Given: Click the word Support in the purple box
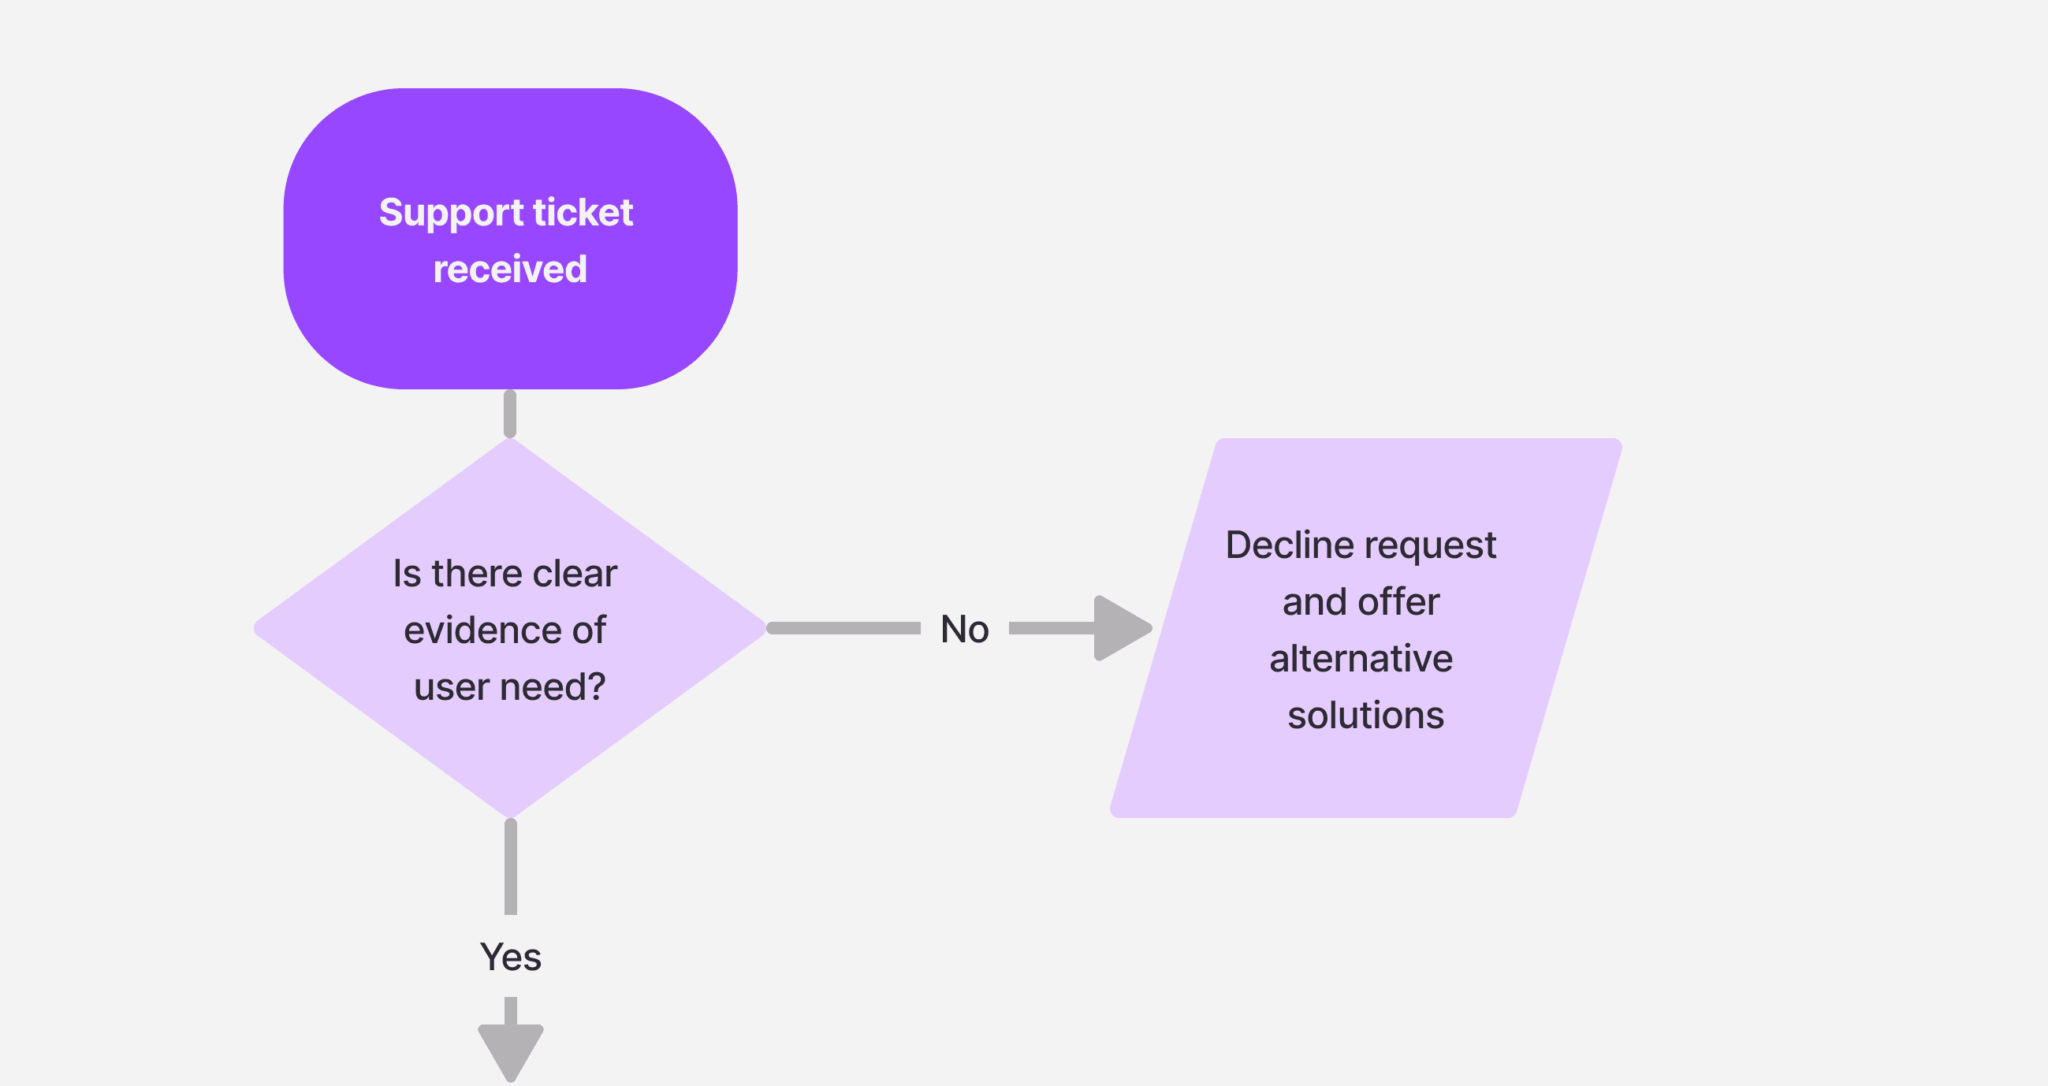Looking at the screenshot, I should pos(451,213).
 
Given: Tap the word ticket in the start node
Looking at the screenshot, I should pos(583,212).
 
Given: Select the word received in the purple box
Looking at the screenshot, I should pos(509,269).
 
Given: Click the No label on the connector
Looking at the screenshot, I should pos(964,629).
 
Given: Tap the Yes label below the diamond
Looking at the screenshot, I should pos(510,957).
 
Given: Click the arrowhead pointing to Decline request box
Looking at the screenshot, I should pos(1120,628).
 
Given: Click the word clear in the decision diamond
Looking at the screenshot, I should pos(574,573).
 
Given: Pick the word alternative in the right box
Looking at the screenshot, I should pos(1361,659).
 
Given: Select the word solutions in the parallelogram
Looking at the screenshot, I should pos(1365,716).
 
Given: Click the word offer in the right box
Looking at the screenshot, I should pos(1398,602).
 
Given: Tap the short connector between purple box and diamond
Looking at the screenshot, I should pos(509,414).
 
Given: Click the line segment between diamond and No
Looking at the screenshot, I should pos(843,628).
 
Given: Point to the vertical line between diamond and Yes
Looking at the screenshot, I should pos(510,867).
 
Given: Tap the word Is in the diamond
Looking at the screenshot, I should pos(406,573).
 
